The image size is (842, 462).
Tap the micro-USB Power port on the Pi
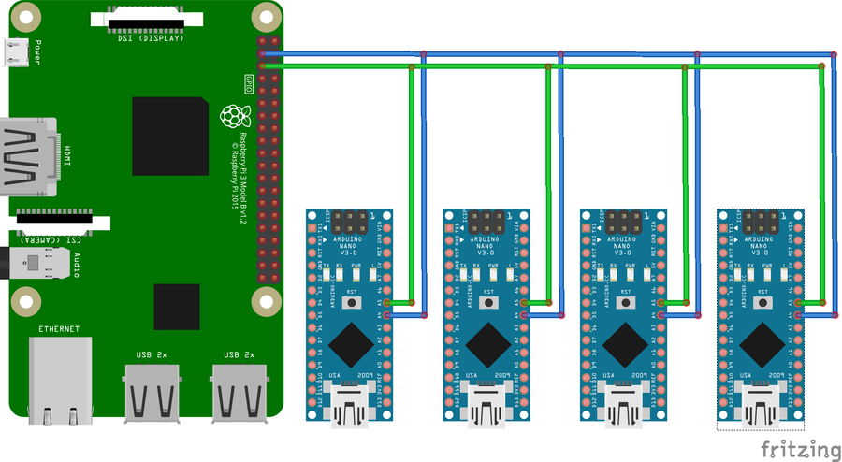(17, 53)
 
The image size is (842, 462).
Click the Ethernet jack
(60, 379)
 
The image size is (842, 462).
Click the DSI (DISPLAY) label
(150, 37)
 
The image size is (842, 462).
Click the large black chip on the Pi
(170, 135)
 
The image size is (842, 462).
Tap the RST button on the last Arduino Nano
(762, 303)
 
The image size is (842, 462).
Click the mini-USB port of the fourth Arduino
(762, 408)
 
